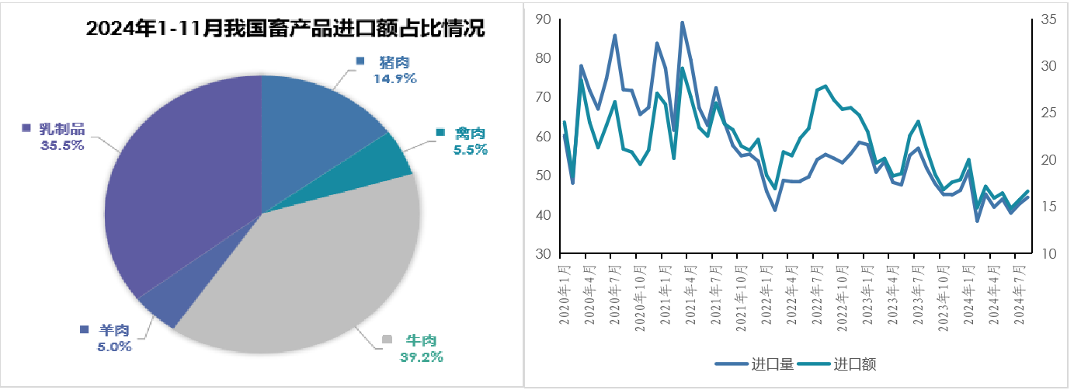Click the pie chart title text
point(285,30)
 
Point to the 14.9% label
point(394,78)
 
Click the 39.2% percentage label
point(421,357)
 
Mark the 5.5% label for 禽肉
point(471,150)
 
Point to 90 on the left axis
point(544,19)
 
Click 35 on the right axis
point(1048,19)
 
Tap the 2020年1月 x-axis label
point(565,297)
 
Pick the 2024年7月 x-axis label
point(1020,297)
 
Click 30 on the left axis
point(544,254)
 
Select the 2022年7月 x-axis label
point(817,297)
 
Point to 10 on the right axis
point(1048,254)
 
